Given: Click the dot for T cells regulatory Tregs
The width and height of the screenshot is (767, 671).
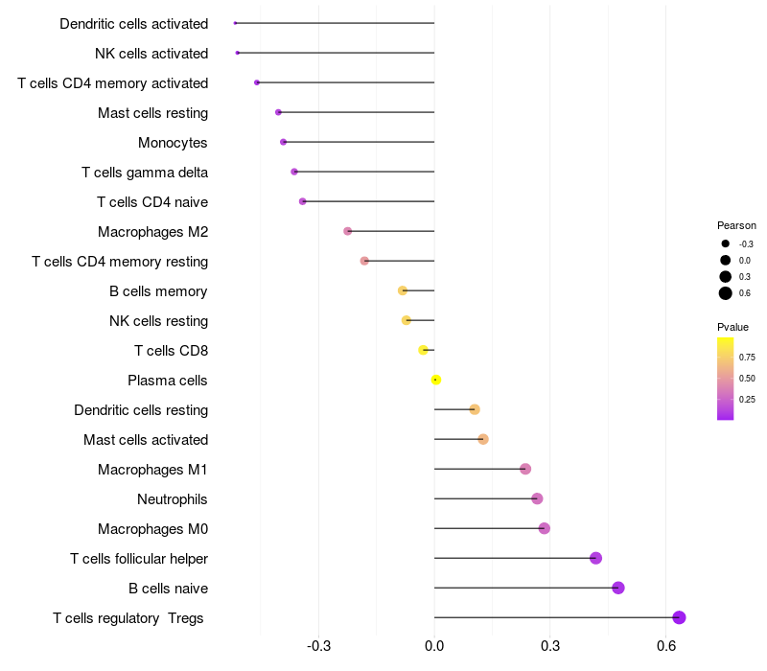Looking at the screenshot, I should [x=679, y=617].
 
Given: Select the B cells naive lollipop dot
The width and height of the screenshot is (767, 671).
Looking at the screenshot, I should [x=618, y=588].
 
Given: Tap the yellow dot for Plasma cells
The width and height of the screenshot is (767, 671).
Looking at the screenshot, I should [x=435, y=380].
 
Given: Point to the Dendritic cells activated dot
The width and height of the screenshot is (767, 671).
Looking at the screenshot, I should [x=235, y=23].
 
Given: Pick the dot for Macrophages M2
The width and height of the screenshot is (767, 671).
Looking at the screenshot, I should [x=348, y=231].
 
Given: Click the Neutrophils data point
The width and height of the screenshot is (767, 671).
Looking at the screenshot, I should [x=537, y=498].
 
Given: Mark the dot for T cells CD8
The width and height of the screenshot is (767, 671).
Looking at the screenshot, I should [x=423, y=350].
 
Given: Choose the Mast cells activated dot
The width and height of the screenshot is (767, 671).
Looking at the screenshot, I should [x=483, y=439].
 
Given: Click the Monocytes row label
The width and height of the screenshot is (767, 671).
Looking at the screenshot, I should [x=173, y=143].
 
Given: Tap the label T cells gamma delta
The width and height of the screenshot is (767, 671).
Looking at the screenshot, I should [x=145, y=173].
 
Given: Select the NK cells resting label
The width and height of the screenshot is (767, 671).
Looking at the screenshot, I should [x=158, y=321].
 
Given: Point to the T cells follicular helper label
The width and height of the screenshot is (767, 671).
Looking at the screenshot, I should [x=139, y=558].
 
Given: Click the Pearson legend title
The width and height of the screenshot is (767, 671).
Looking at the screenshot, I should [x=736, y=225].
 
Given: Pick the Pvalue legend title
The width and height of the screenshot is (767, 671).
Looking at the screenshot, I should [x=733, y=327].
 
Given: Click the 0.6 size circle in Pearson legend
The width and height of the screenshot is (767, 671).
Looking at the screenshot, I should [x=726, y=293].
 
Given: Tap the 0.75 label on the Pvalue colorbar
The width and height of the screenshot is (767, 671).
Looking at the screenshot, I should [x=747, y=357].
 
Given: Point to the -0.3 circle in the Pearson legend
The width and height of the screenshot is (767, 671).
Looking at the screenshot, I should [x=726, y=243].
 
